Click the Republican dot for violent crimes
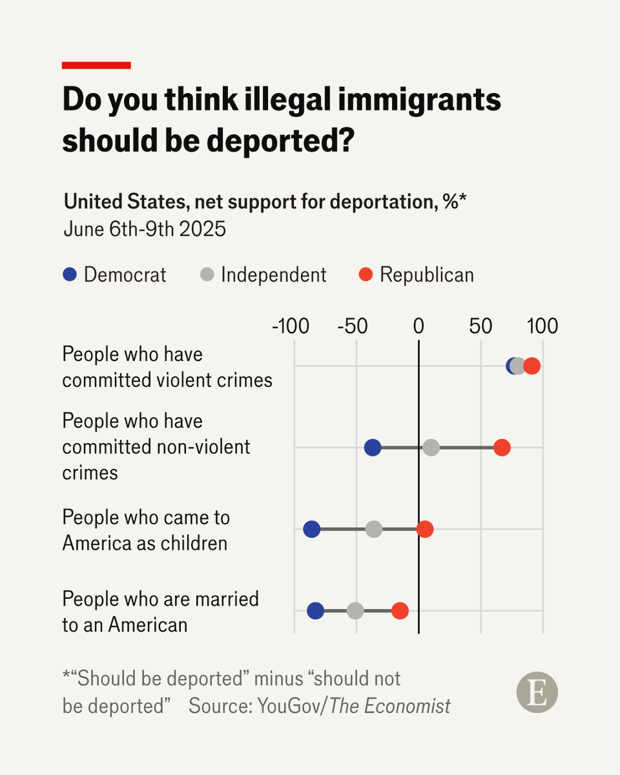532,366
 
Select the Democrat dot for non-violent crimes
373,448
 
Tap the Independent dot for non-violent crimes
431,448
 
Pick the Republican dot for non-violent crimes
502,448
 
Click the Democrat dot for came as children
312,530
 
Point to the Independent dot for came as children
374,530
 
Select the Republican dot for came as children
425,530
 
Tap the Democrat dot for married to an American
315,611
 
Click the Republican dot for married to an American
400,611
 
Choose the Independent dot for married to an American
355,611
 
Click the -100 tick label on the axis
291,327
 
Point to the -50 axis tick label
353,327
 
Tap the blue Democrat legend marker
70,274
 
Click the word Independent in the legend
273,274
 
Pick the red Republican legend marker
366,274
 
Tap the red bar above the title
96,65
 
